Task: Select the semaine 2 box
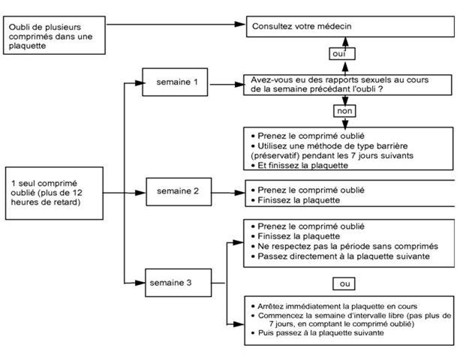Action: point(177,190)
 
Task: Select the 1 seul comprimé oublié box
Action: point(56,193)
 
